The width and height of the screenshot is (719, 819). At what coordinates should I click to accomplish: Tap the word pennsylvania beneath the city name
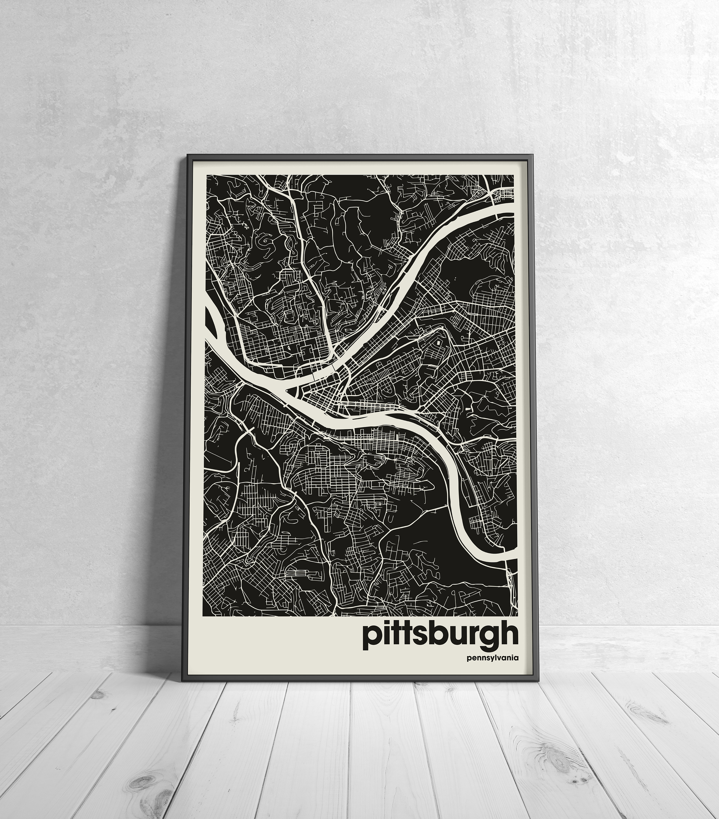(x=492, y=658)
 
